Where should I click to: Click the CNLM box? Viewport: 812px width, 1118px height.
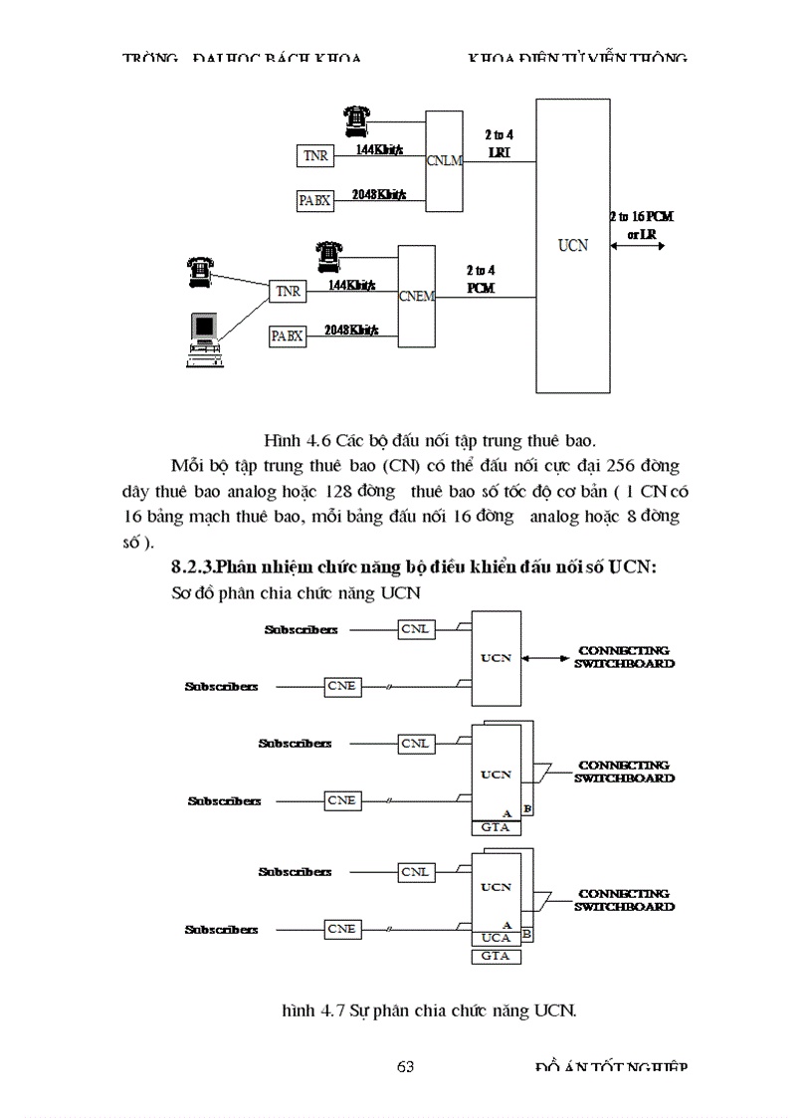(x=444, y=159)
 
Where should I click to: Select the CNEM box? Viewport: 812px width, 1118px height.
(x=416, y=296)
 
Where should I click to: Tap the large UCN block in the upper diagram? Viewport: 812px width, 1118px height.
(x=572, y=245)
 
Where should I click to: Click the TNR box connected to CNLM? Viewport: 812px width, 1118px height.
(x=315, y=156)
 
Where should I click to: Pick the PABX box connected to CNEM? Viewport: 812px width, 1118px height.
(x=287, y=336)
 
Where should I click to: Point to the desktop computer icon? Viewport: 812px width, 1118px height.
(x=204, y=339)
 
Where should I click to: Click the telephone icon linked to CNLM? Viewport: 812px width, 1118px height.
(x=354, y=120)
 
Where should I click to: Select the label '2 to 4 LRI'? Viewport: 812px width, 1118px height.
(x=498, y=143)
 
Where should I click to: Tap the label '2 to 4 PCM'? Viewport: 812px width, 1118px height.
(x=481, y=279)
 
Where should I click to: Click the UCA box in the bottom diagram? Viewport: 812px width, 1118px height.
(x=495, y=938)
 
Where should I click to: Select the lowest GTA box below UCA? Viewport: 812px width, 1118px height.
(x=495, y=956)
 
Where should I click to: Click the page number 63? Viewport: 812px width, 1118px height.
(x=405, y=1067)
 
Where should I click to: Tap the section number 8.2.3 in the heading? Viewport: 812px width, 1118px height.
(x=193, y=567)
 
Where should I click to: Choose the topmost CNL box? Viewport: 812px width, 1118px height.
(x=415, y=629)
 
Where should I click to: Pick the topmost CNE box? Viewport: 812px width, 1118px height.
(x=341, y=686)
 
